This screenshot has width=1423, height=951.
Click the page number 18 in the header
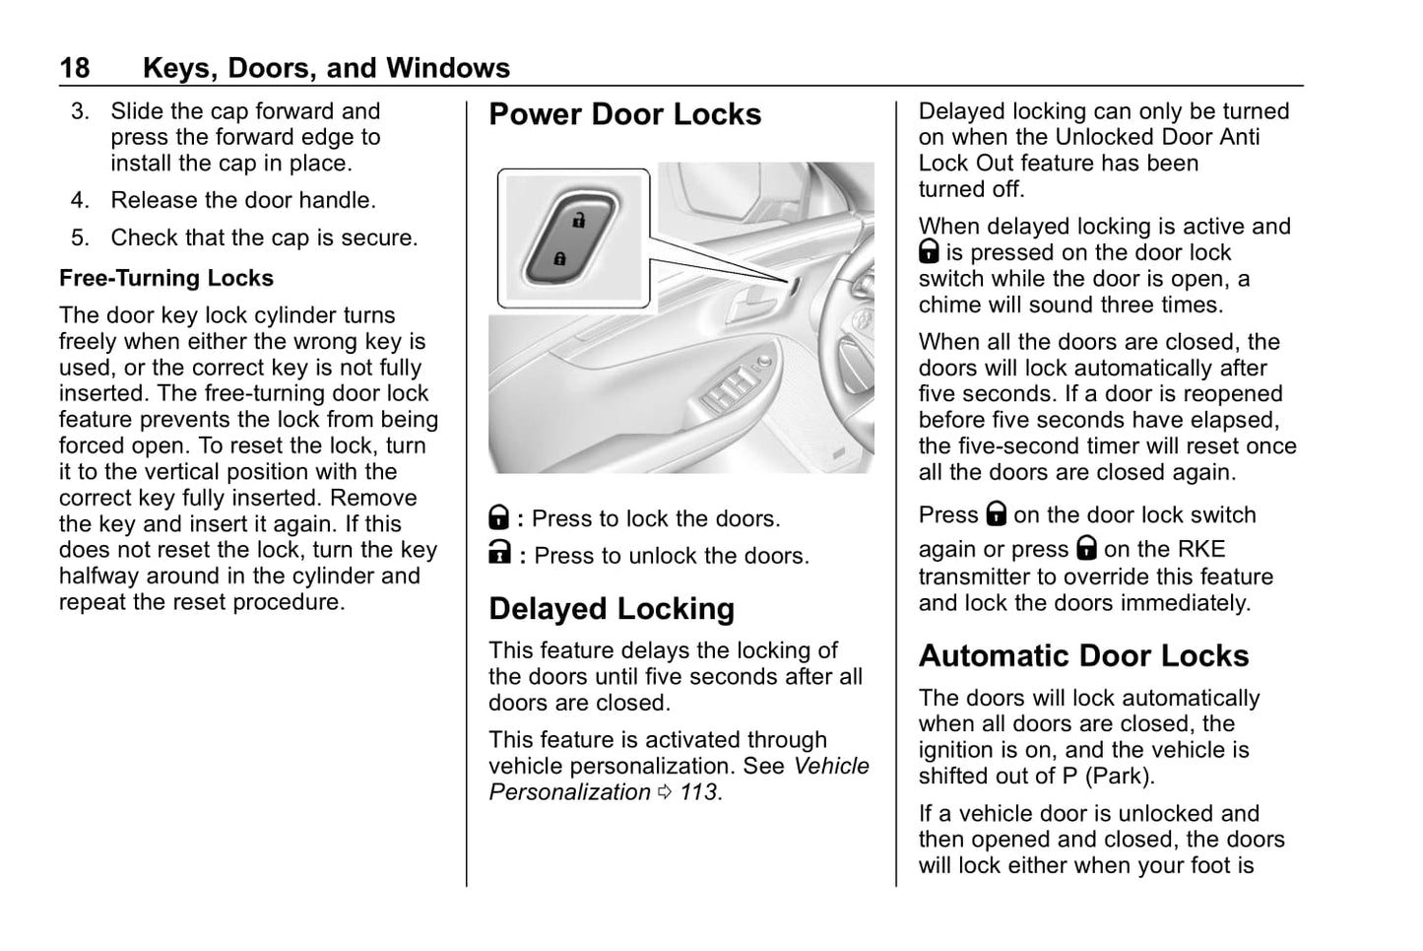pos(74,68)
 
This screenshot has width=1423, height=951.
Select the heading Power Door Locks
pos(624,114)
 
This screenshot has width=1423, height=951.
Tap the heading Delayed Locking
pos(611,609)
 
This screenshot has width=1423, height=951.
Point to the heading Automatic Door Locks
pos(1083,656)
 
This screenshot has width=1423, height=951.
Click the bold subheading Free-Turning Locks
pos(165,278)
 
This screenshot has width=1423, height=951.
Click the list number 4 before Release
pos(79,200)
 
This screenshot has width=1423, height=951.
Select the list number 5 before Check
pos(79,238)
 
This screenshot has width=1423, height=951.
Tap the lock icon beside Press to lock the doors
pos(499,517)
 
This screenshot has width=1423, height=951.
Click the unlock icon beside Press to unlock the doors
pos(499,554)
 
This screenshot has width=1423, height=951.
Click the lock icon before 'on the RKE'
pos(1086,548)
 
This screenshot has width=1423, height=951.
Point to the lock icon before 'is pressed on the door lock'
pos(929,252)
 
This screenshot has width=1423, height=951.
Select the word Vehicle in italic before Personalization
pos(831,767)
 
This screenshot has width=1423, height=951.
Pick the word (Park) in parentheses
pos(1120,776)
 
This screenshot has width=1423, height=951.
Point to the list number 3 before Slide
pos(79,111)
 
